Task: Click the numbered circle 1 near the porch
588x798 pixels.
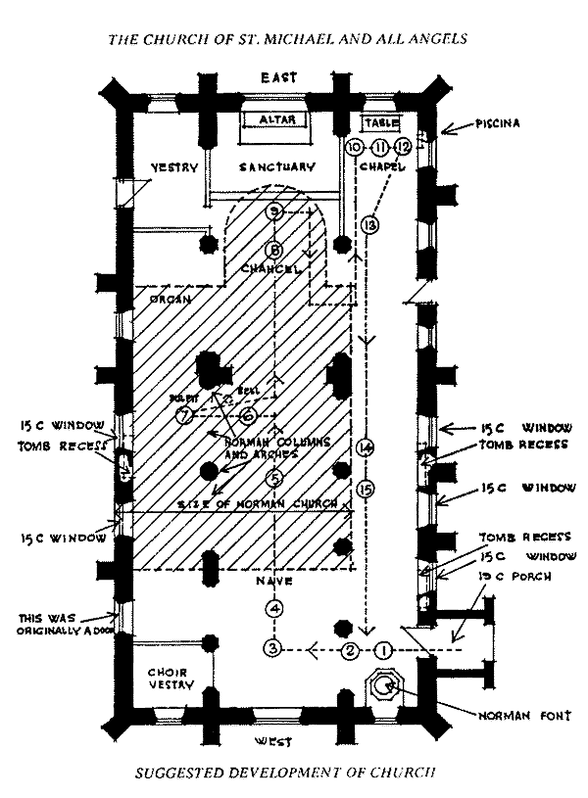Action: click(384, 648)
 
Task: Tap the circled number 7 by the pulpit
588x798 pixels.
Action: click(183, 416)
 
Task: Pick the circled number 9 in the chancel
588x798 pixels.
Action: click(275, 211)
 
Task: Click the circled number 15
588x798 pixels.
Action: click(367, 487)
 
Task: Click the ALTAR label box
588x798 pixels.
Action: click(275, 119)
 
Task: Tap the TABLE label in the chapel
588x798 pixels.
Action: click(379, 123)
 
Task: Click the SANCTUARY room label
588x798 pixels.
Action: click(277, 167)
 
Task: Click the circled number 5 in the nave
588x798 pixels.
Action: click(275, 478)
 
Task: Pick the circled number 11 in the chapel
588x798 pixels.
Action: click(379, 147)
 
